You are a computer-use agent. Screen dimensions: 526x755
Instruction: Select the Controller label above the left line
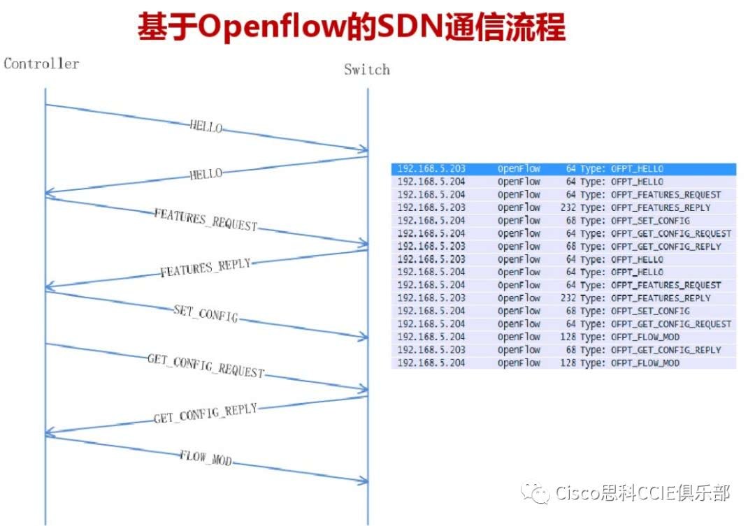41,64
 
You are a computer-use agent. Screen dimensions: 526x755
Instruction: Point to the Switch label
366,70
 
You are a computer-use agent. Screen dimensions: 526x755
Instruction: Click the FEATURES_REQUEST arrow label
206,220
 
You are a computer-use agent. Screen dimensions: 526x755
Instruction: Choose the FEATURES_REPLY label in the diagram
205,268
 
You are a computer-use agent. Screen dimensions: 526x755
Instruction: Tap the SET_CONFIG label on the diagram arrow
205,314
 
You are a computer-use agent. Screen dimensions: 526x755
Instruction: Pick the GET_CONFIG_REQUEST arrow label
206,366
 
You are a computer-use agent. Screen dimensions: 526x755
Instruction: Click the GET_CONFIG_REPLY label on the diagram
205,414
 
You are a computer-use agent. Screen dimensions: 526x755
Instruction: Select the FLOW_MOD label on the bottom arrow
205,459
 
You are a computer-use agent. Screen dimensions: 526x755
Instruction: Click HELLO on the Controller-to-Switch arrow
206,127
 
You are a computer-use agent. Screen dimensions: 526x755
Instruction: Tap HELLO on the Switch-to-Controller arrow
206,174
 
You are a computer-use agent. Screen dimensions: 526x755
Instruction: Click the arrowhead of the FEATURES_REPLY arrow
50,287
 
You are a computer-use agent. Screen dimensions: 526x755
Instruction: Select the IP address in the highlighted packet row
431,169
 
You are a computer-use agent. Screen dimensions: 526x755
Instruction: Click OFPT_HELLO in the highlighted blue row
637,169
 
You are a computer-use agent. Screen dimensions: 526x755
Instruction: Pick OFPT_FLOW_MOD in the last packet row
645,363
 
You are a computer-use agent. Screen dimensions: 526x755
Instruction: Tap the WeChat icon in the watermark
540,495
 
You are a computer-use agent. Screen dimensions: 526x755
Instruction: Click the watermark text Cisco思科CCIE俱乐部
642,494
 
